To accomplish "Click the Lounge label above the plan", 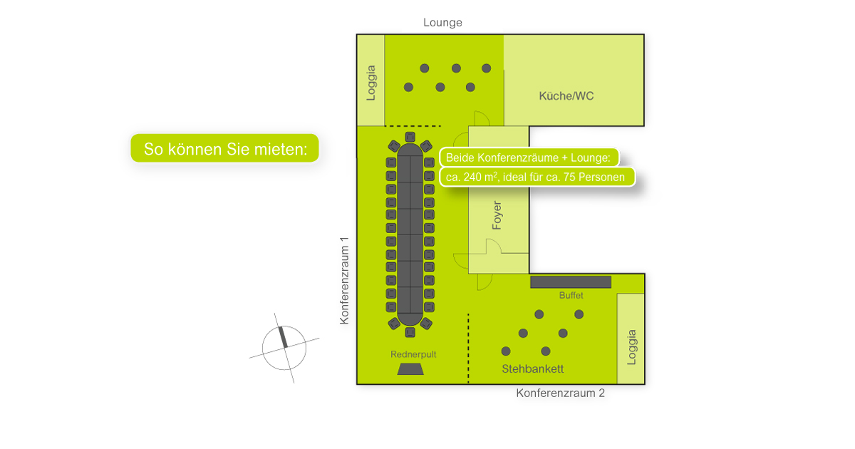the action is pyautogui.click(x=442, y=23).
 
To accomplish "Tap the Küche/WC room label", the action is pyautogui.click(x=566, y=96).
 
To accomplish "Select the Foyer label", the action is pyautogui.click(x=497, y=215).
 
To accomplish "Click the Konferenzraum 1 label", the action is pyautogui.click(x=344, y=281).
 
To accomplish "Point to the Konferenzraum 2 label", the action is pyautogui.click(x=560, y=393).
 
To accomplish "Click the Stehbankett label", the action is pyautogui.click(x=532, y=369).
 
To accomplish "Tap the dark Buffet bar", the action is pyautogui.click(x=571, y=282).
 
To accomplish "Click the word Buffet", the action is pyautogui.click(x=571, y=295).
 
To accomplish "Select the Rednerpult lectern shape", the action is pyautogui.click(x=410, y=369).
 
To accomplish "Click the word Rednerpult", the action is pyautogui.click(x=413, y=354).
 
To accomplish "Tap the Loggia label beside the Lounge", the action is pyautogui.click(x=371, y=83).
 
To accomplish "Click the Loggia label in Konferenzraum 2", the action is pyautogui.click(x=632, y=347).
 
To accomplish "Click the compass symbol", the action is pyautogui.click(x=284, y=348).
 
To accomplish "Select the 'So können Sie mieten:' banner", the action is pyautogui.click(x=225, y=148).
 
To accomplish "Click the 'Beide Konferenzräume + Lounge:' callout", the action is pyautogui.click(x=528, y=158).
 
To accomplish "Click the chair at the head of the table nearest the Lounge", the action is pyautogui.click(x=410, y=137).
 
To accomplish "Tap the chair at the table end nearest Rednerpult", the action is pyautogui.click(x=410, y=333).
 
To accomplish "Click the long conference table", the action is pyautogui.click(x=410, y=234).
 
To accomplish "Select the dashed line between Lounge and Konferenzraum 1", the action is pyautogui.click(x=413, y=126).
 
